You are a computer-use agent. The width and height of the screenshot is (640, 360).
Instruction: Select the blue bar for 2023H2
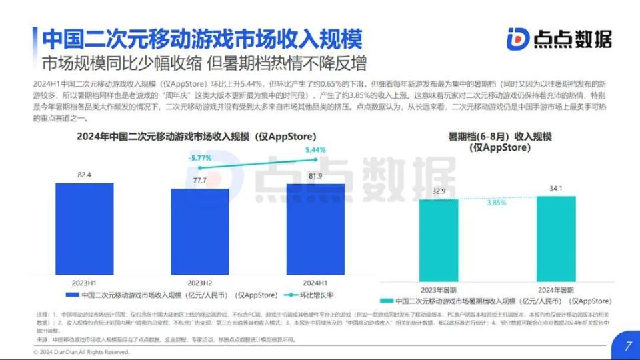click(x=199, y=231)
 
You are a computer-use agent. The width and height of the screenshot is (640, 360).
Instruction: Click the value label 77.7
click(x=199, y=181)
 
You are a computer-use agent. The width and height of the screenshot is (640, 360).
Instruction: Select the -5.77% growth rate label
click(x=199, y=158)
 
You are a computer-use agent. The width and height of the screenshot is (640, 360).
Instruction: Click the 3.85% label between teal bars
click(x=497, y=203)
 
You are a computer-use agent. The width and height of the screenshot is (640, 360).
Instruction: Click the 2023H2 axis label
click(x=199, y=282)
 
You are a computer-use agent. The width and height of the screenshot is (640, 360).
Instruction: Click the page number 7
click(x=627, y=346)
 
